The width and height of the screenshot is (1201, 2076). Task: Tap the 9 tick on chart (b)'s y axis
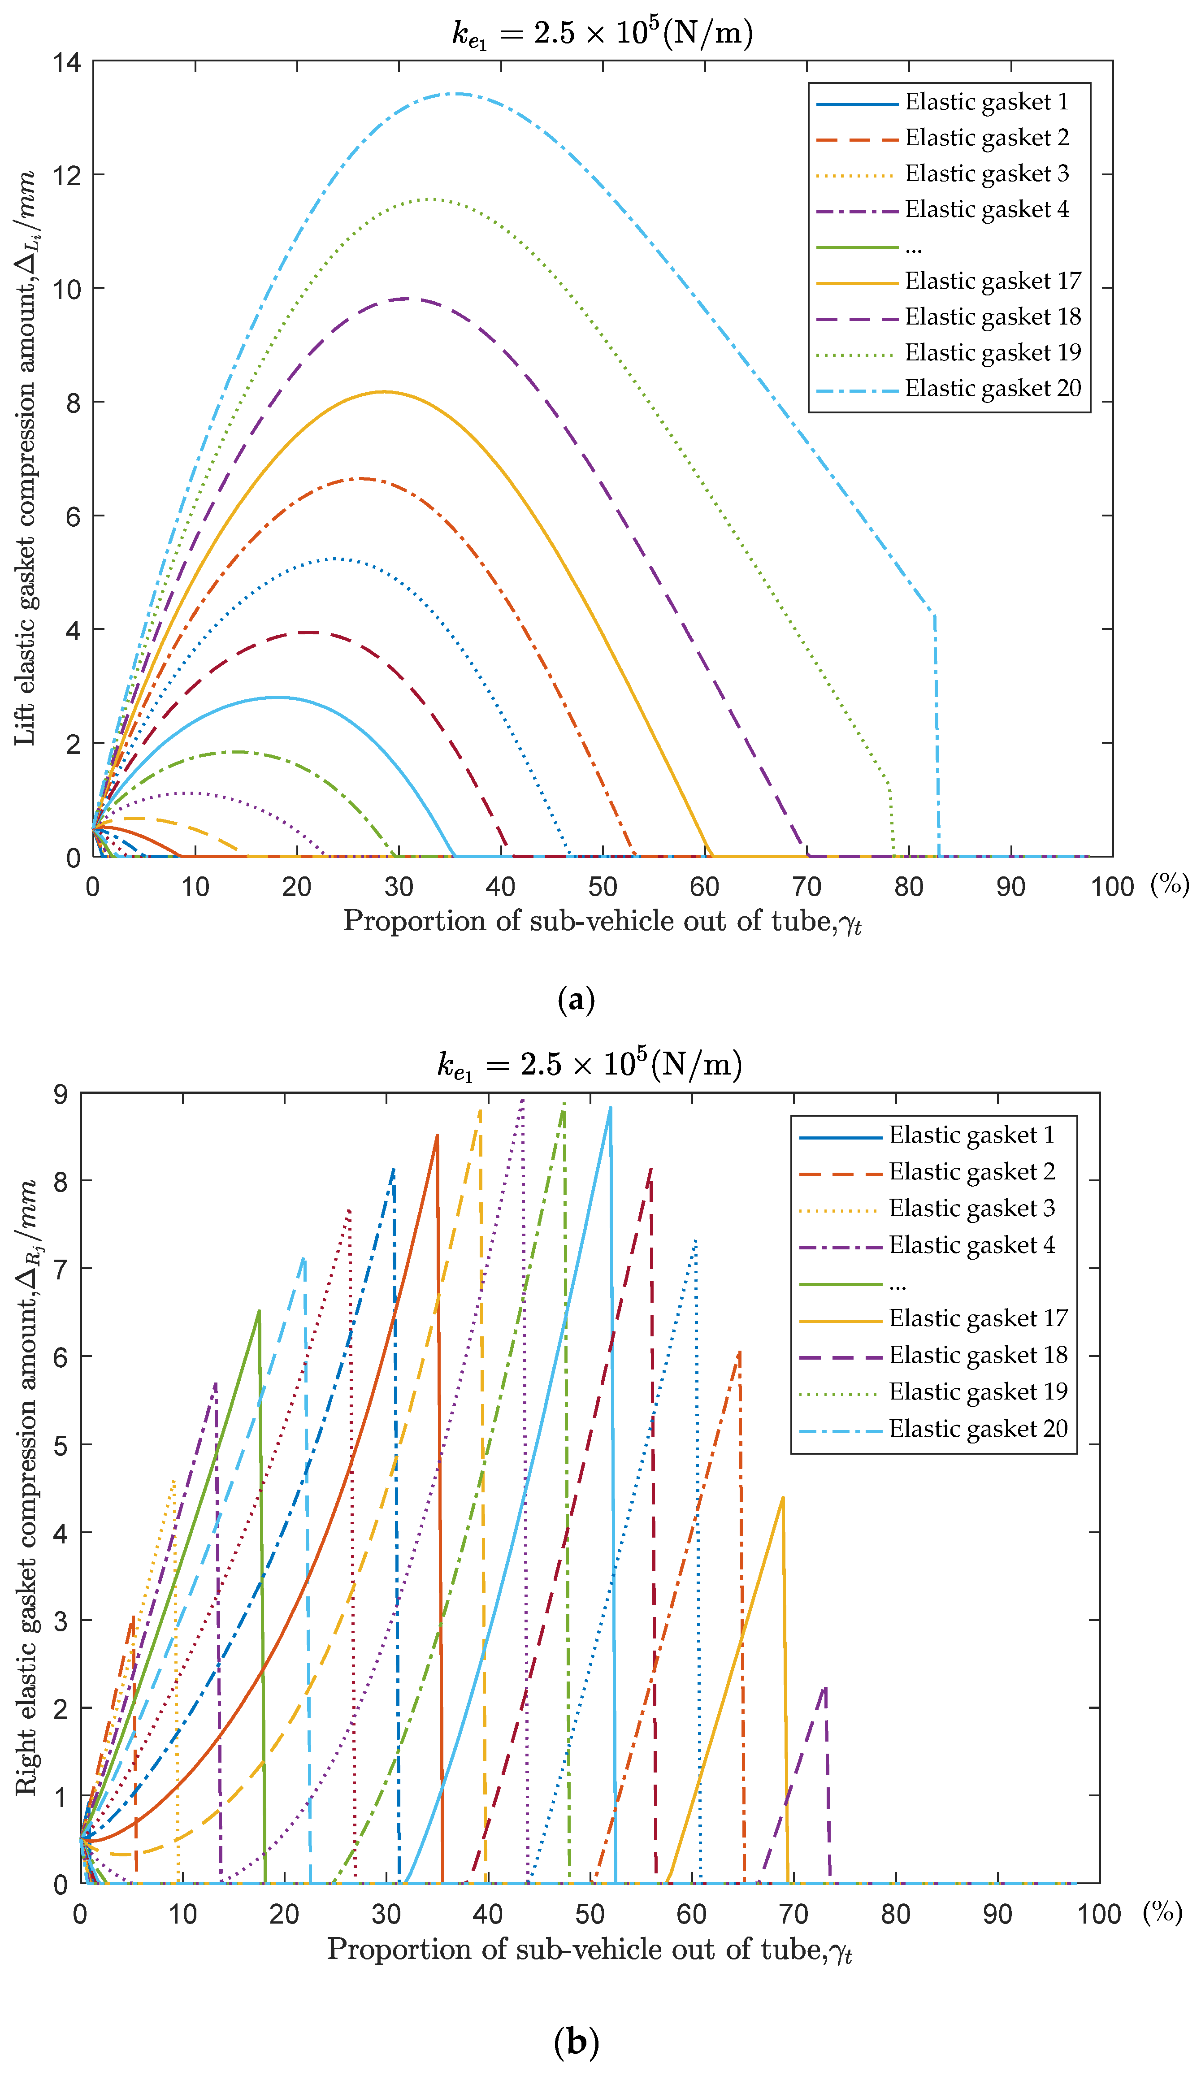(60, 1094)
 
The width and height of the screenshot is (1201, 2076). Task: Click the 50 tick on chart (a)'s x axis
(602, 887)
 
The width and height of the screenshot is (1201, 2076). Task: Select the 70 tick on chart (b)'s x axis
(793, 1915)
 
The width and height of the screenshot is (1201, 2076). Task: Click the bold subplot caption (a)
(576, 1000)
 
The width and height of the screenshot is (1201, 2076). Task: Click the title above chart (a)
(602, 33)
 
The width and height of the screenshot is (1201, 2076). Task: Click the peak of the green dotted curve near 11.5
(428, 199)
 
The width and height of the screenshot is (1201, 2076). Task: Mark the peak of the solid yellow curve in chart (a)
(384, 391)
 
